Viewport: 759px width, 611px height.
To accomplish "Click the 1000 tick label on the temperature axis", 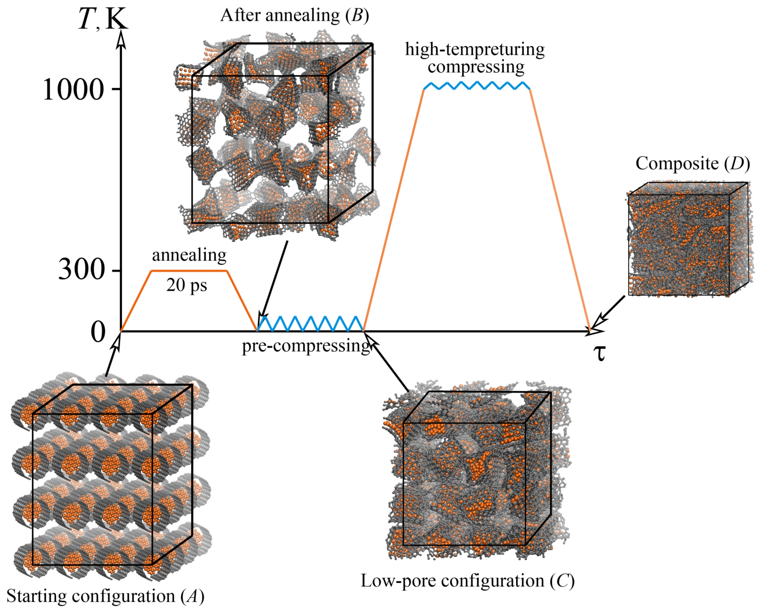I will point(73,90).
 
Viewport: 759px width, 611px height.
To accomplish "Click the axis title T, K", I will point(102,19).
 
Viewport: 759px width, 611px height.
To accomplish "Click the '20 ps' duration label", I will point(187,285).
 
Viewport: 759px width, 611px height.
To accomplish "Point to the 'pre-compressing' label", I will point(306,346).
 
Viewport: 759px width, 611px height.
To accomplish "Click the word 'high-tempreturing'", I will point(475,50).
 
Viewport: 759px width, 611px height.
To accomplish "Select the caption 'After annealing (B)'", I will point(295,16).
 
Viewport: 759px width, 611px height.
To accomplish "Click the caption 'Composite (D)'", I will point(693,164).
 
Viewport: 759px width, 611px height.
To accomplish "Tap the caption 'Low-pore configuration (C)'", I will point(468,581).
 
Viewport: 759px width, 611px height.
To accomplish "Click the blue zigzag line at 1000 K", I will point(477,85).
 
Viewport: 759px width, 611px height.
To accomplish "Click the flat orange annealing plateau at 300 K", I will point(189,271).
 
